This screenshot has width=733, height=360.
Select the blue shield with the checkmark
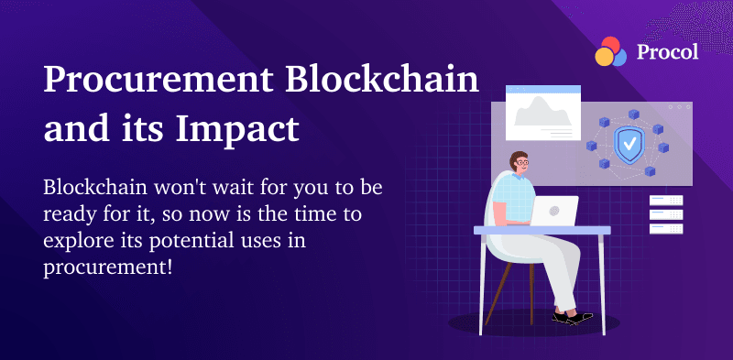pos(628,145)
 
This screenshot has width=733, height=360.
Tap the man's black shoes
pos(568,315)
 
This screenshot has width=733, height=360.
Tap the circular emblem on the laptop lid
pos(553,209)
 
